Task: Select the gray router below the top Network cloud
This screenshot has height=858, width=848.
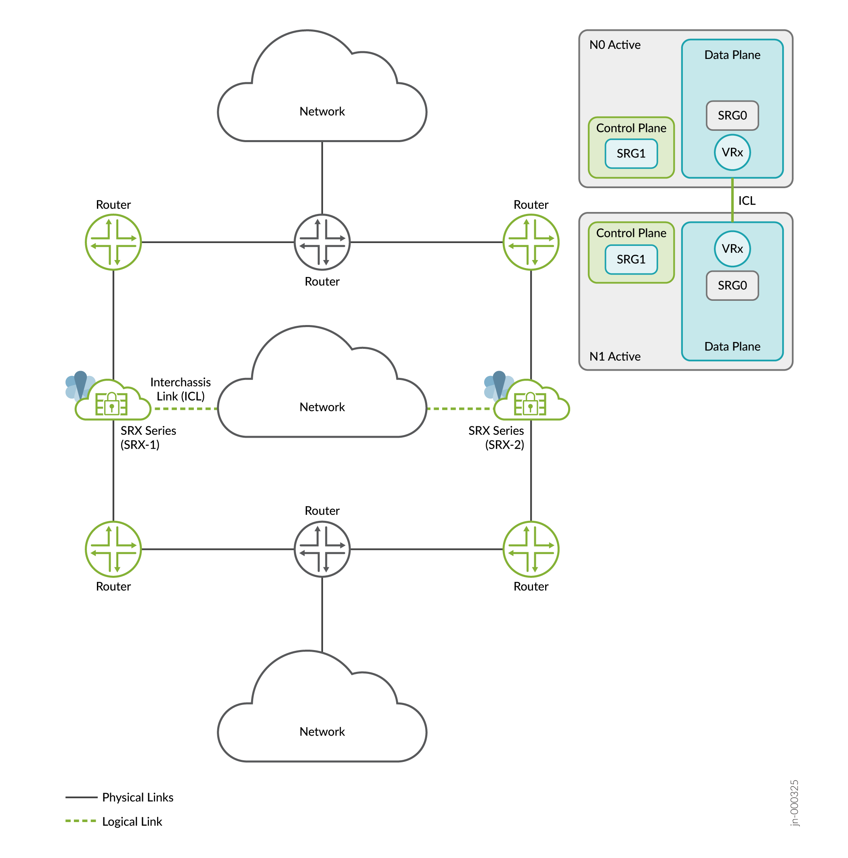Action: [322, 242]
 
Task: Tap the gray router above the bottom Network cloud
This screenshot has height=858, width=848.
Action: [322, 549]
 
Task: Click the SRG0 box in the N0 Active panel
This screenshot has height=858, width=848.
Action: [732, 115]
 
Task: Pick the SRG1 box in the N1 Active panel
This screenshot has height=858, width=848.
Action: [631, 259]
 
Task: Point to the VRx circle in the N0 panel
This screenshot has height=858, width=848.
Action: [732, 152]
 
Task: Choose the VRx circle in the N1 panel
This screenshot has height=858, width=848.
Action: [732, 249]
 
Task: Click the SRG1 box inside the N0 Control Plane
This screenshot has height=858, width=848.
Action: [631, 154]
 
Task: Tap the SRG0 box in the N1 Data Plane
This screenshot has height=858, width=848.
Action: [732, 285]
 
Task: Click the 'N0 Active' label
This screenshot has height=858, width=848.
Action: [615, 45]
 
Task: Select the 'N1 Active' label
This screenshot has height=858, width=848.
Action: [615, 357]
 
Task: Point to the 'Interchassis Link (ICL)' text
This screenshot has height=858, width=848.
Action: [181, 389]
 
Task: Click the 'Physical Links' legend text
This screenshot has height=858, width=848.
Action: [138, 797]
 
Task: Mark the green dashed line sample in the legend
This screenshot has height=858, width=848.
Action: [80, 821]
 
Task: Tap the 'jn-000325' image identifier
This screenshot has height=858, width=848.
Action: [794, 803]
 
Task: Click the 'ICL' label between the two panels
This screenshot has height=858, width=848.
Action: [747, 201]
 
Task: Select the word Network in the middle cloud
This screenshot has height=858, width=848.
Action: [322, 407]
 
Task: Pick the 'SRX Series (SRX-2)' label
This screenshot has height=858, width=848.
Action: [497, 437]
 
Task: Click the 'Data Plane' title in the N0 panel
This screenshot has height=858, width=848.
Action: [732, 55]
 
